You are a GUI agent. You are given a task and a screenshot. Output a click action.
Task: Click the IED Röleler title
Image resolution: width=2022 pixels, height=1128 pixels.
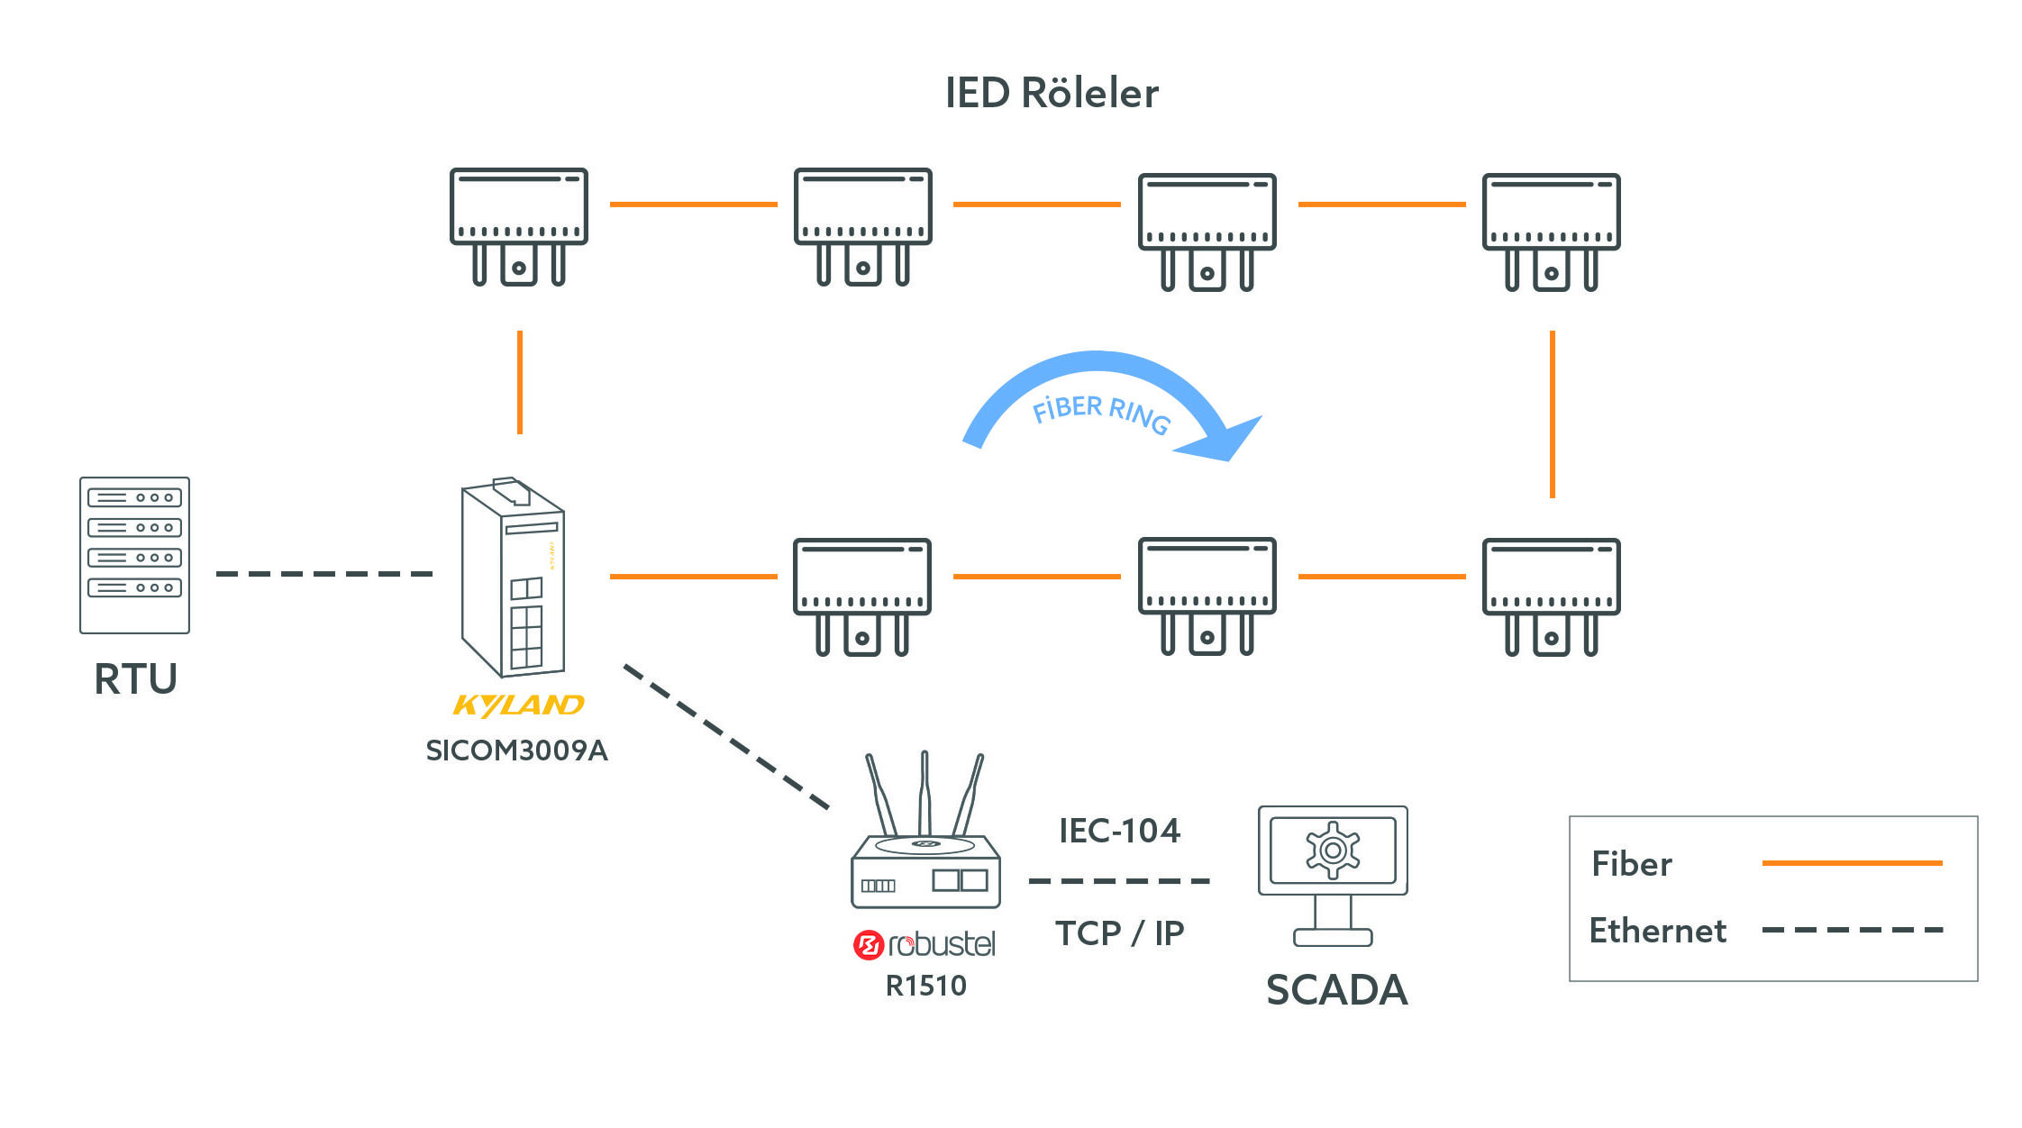pos(1052,94)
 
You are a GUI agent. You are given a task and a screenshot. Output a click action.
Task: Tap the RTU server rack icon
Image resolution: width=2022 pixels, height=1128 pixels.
pos(134,555)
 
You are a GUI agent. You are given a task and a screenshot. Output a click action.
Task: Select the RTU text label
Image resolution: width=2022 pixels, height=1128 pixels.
pos(135,678)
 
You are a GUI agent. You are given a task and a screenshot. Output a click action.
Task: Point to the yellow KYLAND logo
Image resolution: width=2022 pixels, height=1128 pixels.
pos(518,705)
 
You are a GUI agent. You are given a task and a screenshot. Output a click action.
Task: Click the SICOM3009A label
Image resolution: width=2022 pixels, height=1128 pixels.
pos(516,750)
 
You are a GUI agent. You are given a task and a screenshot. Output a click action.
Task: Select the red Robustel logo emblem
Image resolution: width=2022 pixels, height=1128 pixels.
pos(867,945)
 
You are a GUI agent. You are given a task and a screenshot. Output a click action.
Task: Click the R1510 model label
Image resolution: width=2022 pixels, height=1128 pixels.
pos(925,986)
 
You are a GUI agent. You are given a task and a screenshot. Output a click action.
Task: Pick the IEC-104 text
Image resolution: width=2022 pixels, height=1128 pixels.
pos(1119,831)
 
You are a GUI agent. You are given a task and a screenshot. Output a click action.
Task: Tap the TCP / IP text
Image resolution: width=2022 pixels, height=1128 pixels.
pos(1119,932)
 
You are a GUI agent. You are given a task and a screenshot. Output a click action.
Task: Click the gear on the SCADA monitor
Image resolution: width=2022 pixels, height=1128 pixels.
pos(1333,850)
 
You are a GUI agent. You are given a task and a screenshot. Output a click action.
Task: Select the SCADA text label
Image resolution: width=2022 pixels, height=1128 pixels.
pos(1336,989)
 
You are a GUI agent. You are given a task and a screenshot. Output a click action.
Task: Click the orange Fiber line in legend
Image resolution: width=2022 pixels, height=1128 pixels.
pos(1852,863)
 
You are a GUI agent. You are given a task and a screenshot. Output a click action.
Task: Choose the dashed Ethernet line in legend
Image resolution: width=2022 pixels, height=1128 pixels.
pos(1852,930)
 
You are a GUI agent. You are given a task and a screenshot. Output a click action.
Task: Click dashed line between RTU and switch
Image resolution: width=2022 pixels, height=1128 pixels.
pos(324,574)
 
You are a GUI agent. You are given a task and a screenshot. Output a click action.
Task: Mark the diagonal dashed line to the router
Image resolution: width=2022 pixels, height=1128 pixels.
pos(726,736)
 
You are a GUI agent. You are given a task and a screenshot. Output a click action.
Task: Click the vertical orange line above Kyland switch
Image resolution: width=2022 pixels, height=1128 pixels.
pos(520,382)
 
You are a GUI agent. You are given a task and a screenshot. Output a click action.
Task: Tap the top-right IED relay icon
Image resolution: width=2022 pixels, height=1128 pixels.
pos(1551,230)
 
